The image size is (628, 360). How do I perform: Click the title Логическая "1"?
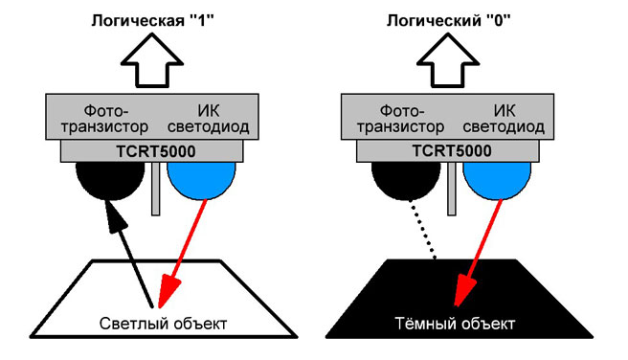(152, 20)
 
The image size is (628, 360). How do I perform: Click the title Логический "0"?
(449, 20)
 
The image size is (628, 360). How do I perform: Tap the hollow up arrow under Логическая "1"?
(152, 60)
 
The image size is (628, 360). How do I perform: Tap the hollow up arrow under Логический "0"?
(448, 60)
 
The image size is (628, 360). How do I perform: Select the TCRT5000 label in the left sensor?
(156, 151)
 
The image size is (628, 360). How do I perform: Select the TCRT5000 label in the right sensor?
(452, 151)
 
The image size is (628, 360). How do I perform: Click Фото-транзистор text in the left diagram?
(105, 119)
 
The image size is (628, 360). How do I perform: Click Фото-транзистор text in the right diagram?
(401, 119)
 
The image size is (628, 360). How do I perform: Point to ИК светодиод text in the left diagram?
(209, 119)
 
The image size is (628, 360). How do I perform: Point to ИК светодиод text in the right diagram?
(504, 119)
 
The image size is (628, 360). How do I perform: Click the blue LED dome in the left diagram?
(201, 180)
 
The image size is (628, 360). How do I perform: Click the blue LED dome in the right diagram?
(497, 180)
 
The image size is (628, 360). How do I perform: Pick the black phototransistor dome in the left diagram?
(110, 180)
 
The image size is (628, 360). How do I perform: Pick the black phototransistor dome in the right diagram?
(406, 180)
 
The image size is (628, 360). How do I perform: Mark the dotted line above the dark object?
(422, 230)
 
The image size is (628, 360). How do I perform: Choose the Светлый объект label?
(163, 324)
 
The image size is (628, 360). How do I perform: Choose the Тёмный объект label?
(455, 324)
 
